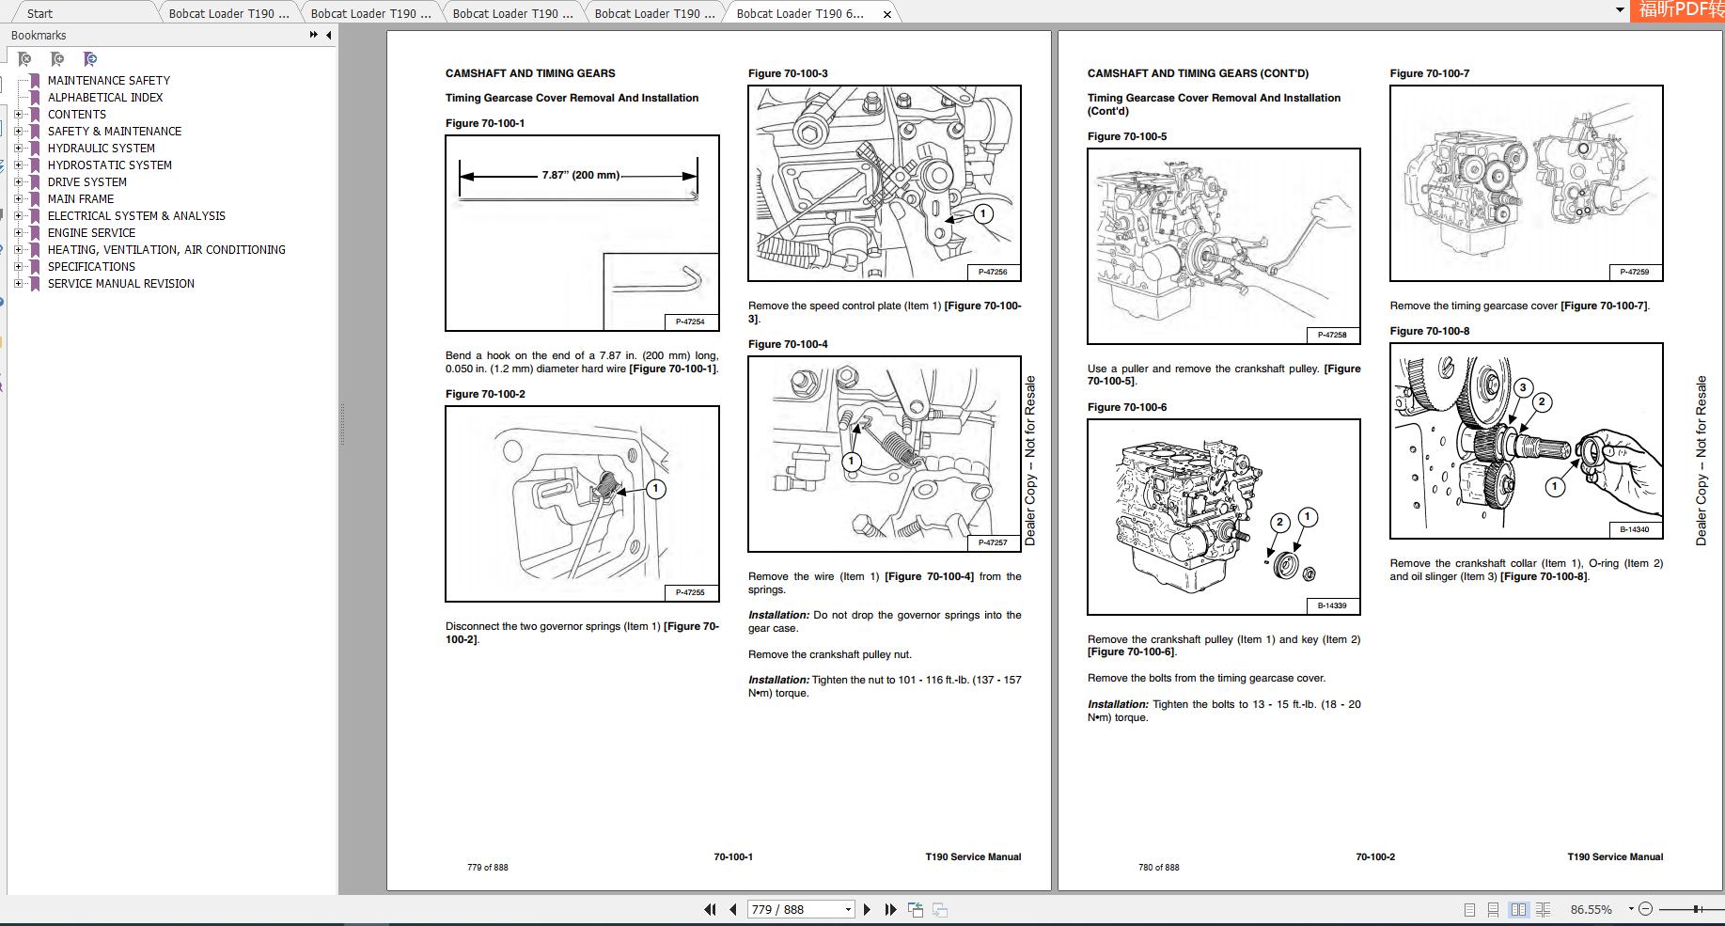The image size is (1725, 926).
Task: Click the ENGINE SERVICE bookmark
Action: [91, 233]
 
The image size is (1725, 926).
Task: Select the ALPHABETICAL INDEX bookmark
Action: [105, 98]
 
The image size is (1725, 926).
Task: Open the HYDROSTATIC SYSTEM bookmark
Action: [109, 165]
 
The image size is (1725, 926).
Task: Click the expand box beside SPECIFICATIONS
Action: [18, 267]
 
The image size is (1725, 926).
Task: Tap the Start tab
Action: [39, 13]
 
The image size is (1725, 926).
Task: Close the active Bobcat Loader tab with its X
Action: [886, 14]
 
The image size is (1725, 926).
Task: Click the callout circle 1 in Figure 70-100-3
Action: [982, 214]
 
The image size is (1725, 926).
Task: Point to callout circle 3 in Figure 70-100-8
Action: [1523, 387]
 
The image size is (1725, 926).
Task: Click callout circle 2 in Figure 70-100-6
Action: [1279, 523]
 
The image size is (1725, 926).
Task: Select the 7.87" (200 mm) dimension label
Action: [580, 175]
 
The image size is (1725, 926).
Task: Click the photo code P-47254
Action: [690, 322]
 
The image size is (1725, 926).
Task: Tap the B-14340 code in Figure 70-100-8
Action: [1634, 529]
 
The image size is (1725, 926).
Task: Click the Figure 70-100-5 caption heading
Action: [1126, 136]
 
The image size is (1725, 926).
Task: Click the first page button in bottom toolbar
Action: [710, 909]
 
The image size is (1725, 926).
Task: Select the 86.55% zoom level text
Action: [1591, 909]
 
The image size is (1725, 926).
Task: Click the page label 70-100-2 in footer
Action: [1374, 856]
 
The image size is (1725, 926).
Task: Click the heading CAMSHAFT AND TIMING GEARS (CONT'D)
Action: [1197, 73]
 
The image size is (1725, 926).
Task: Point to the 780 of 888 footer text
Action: [1158, 868]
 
